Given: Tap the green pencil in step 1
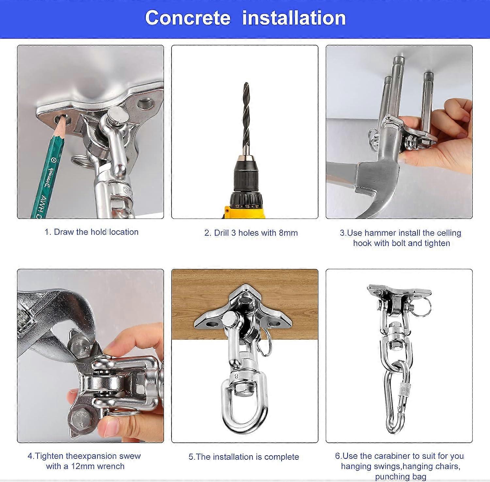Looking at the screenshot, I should [49, 170].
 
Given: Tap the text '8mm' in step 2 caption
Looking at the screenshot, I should [288, 233].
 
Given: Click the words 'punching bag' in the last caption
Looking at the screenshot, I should [400, 476].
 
